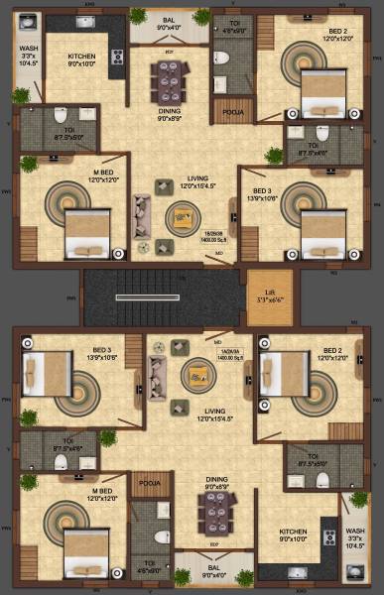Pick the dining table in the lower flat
213,511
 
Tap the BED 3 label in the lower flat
101,353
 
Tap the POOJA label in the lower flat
150,483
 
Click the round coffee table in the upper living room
183,215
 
